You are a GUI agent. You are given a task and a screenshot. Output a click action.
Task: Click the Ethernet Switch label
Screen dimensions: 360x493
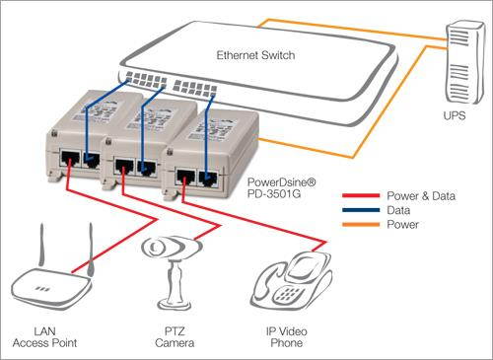pyautogui.click(x=253, y=54)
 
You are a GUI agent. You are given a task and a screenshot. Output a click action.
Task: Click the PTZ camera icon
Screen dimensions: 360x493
pyautogui.click(x=170, y=265)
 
